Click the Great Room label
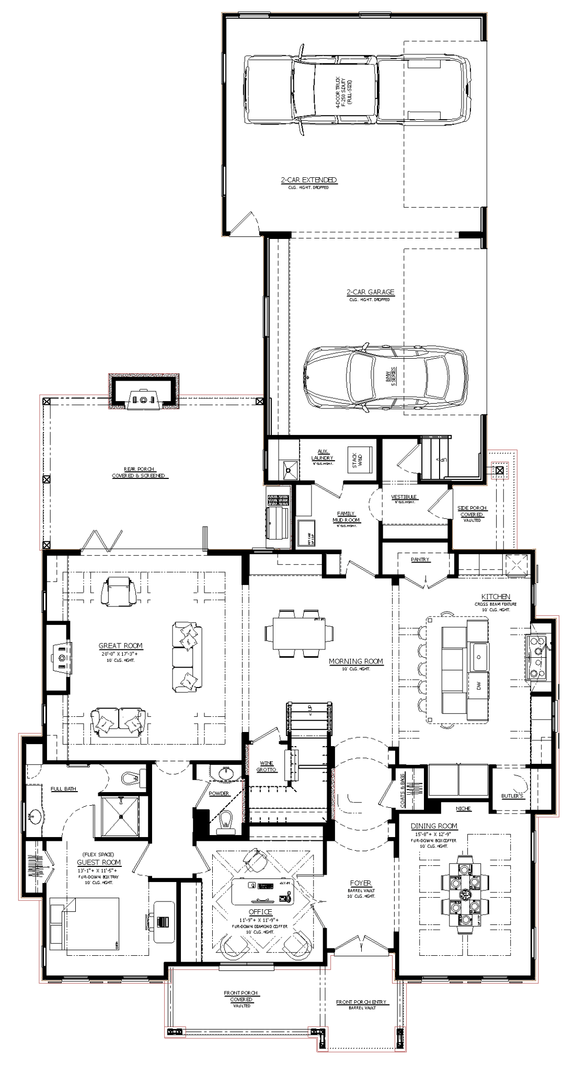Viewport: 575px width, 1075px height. (x=120, y=646)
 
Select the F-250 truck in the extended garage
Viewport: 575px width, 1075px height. (x=355, y=89)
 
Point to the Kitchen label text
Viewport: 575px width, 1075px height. (x=496, y=597)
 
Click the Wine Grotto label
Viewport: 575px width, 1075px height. (x=265, y=767)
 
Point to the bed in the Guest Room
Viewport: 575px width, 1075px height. (x=84, y=924)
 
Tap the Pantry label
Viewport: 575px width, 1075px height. (x=420, y=559)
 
